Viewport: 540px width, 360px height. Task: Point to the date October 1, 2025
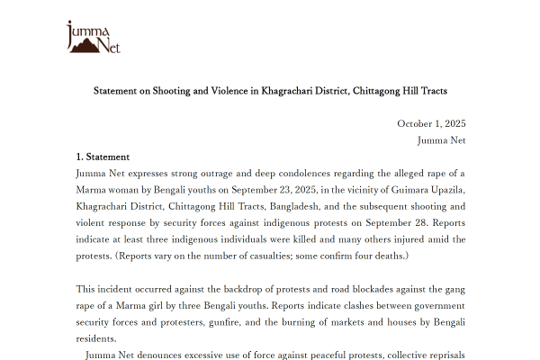[431, 124]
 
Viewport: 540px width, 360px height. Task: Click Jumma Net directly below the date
[441, 140]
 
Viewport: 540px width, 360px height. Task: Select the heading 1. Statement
[103, 157]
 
